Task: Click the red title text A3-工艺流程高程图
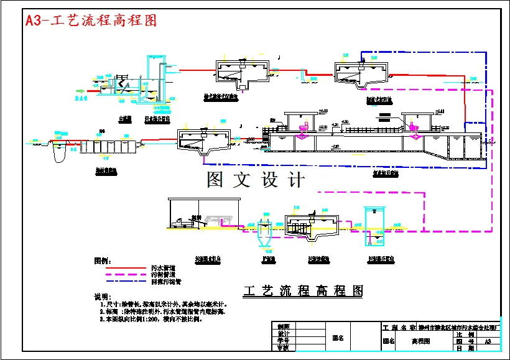point(91,20)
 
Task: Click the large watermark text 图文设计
point(256,180)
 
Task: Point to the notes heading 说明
point(101,296)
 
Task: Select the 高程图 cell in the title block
point(422,341)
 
